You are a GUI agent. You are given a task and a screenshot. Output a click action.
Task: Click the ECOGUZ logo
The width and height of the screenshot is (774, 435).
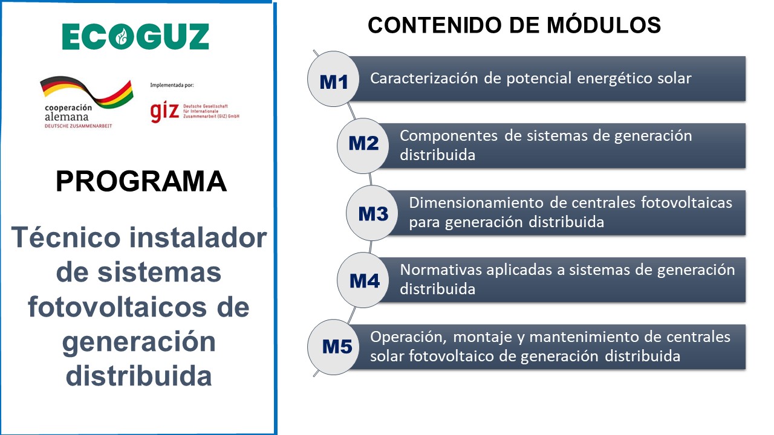click(135, 36)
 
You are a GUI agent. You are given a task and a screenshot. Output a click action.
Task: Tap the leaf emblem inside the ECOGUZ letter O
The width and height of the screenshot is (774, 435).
click(121, 37)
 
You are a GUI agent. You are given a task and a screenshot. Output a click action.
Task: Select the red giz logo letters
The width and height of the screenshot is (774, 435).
click(164, 112)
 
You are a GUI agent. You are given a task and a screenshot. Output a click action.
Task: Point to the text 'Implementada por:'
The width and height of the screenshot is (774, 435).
click(172, 85)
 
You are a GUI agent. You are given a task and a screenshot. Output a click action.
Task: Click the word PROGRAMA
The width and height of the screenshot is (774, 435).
click(141, 181)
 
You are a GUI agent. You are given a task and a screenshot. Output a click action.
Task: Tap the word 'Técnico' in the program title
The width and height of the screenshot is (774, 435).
click(66, 237)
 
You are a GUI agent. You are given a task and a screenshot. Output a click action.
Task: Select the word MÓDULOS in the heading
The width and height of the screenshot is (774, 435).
click(603, 25)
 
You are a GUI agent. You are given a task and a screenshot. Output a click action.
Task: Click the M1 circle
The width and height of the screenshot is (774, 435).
click(333, 79)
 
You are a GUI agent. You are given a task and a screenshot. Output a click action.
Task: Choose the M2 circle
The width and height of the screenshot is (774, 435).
click(363, 146)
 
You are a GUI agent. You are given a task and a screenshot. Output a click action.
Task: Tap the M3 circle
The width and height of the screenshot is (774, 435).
click(372, 213)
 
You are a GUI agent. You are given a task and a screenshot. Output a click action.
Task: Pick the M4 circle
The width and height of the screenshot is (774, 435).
click(363, 280)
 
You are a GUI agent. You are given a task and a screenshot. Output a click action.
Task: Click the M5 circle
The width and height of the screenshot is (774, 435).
click(333, 347)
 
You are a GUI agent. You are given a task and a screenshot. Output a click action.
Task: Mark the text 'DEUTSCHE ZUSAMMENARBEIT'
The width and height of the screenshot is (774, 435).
click(79, 126)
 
